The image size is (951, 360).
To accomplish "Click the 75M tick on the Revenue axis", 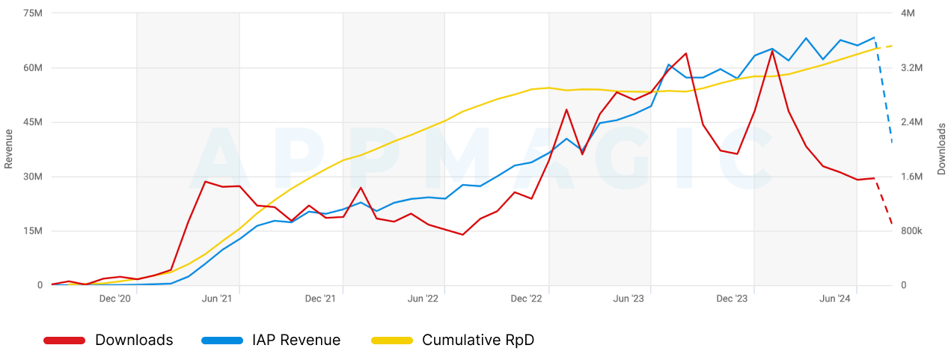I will pyautogui.click(x=33, y=13).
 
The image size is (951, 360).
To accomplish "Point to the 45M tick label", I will pyautogui.click(x=33, y=122).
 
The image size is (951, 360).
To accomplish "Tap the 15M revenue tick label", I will pyautogui.click(x=33, y=231).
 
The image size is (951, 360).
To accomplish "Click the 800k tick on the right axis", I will pyautogui.click(x=912, y=231).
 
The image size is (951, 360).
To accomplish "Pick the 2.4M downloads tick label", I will pyautogui.click(x=912, y=122).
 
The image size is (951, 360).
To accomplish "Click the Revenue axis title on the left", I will pyautogui.click(x=9, y=149).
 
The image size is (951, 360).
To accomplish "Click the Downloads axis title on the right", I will pyautogui.click(x=941, y=149).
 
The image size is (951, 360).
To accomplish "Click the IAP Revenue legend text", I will pyautogui.click(x=297, y=341).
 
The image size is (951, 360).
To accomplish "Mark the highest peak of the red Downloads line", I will pyautogui.click(x=772, y=50).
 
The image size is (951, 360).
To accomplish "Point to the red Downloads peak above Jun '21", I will pyautogui.click(x=205, y=181).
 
